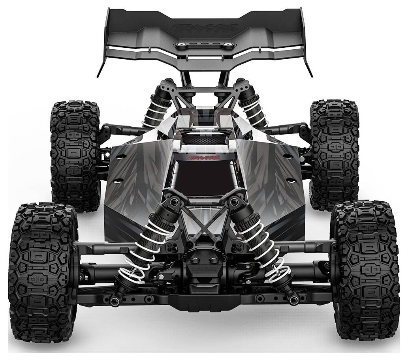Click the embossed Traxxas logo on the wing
[x=205, y=28]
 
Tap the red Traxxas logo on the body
[x=204, y=157]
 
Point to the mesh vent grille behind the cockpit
[x=204, y=139]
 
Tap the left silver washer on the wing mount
[x=180, y=45]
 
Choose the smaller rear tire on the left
[x=75, y=156]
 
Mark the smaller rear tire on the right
[x=334, y=154]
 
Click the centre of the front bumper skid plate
[x=204, y=302]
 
